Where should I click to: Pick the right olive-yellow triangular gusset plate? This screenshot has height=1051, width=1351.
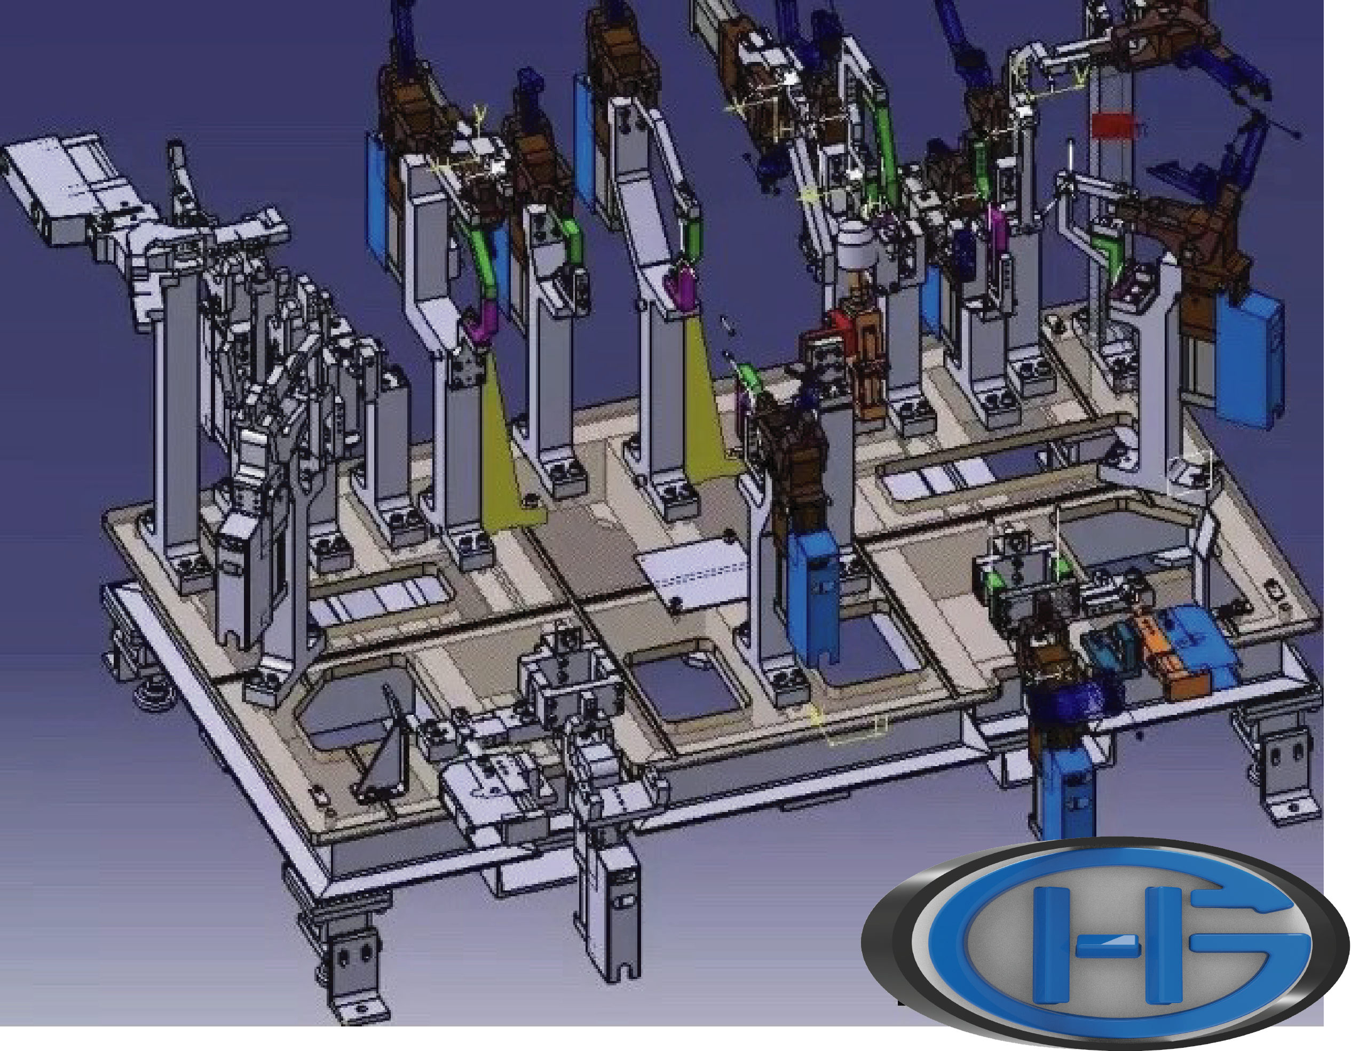pos(712,396)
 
